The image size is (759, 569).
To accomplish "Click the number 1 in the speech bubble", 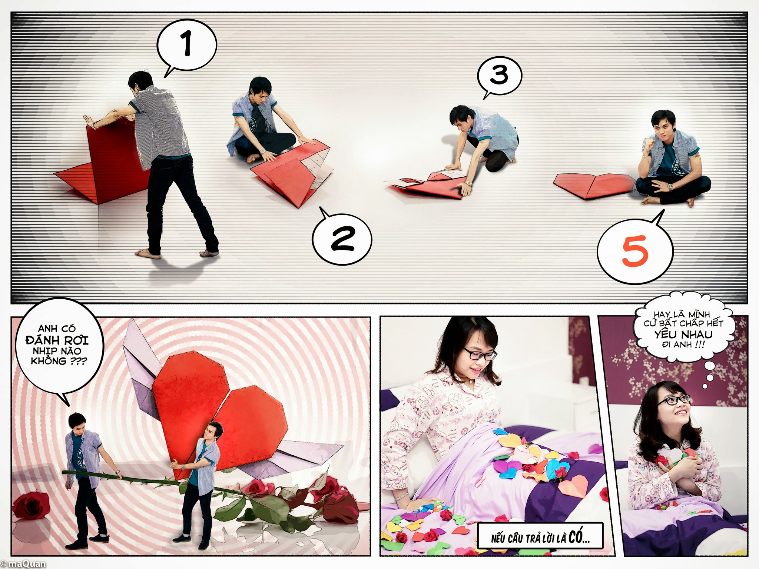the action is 186,43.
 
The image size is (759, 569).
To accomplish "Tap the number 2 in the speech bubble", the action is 342,239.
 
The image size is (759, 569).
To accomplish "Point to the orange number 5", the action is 635,251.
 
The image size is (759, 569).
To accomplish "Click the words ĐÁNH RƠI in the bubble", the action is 57,340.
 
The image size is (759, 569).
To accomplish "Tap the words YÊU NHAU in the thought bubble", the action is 683,334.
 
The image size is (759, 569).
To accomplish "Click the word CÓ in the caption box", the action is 579,537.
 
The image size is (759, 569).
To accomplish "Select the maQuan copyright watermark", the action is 23,564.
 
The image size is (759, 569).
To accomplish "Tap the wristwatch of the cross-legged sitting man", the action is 670,187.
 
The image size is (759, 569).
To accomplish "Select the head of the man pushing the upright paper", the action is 140,82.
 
